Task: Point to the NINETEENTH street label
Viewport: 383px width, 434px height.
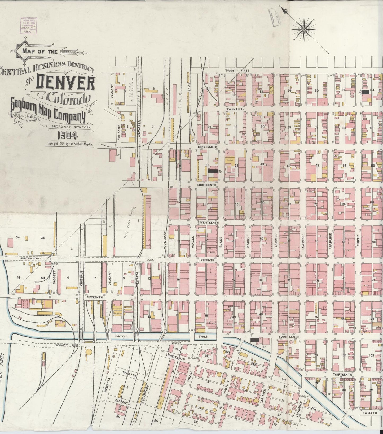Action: pyautogui.click(x=208, y=146)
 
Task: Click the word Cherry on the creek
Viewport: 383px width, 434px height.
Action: pyautogui.click(x=120, y=336)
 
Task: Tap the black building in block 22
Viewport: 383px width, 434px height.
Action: pyautogui.click(x=213, y=171)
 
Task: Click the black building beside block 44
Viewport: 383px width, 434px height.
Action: pyautogui.click(x=255, y=340)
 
